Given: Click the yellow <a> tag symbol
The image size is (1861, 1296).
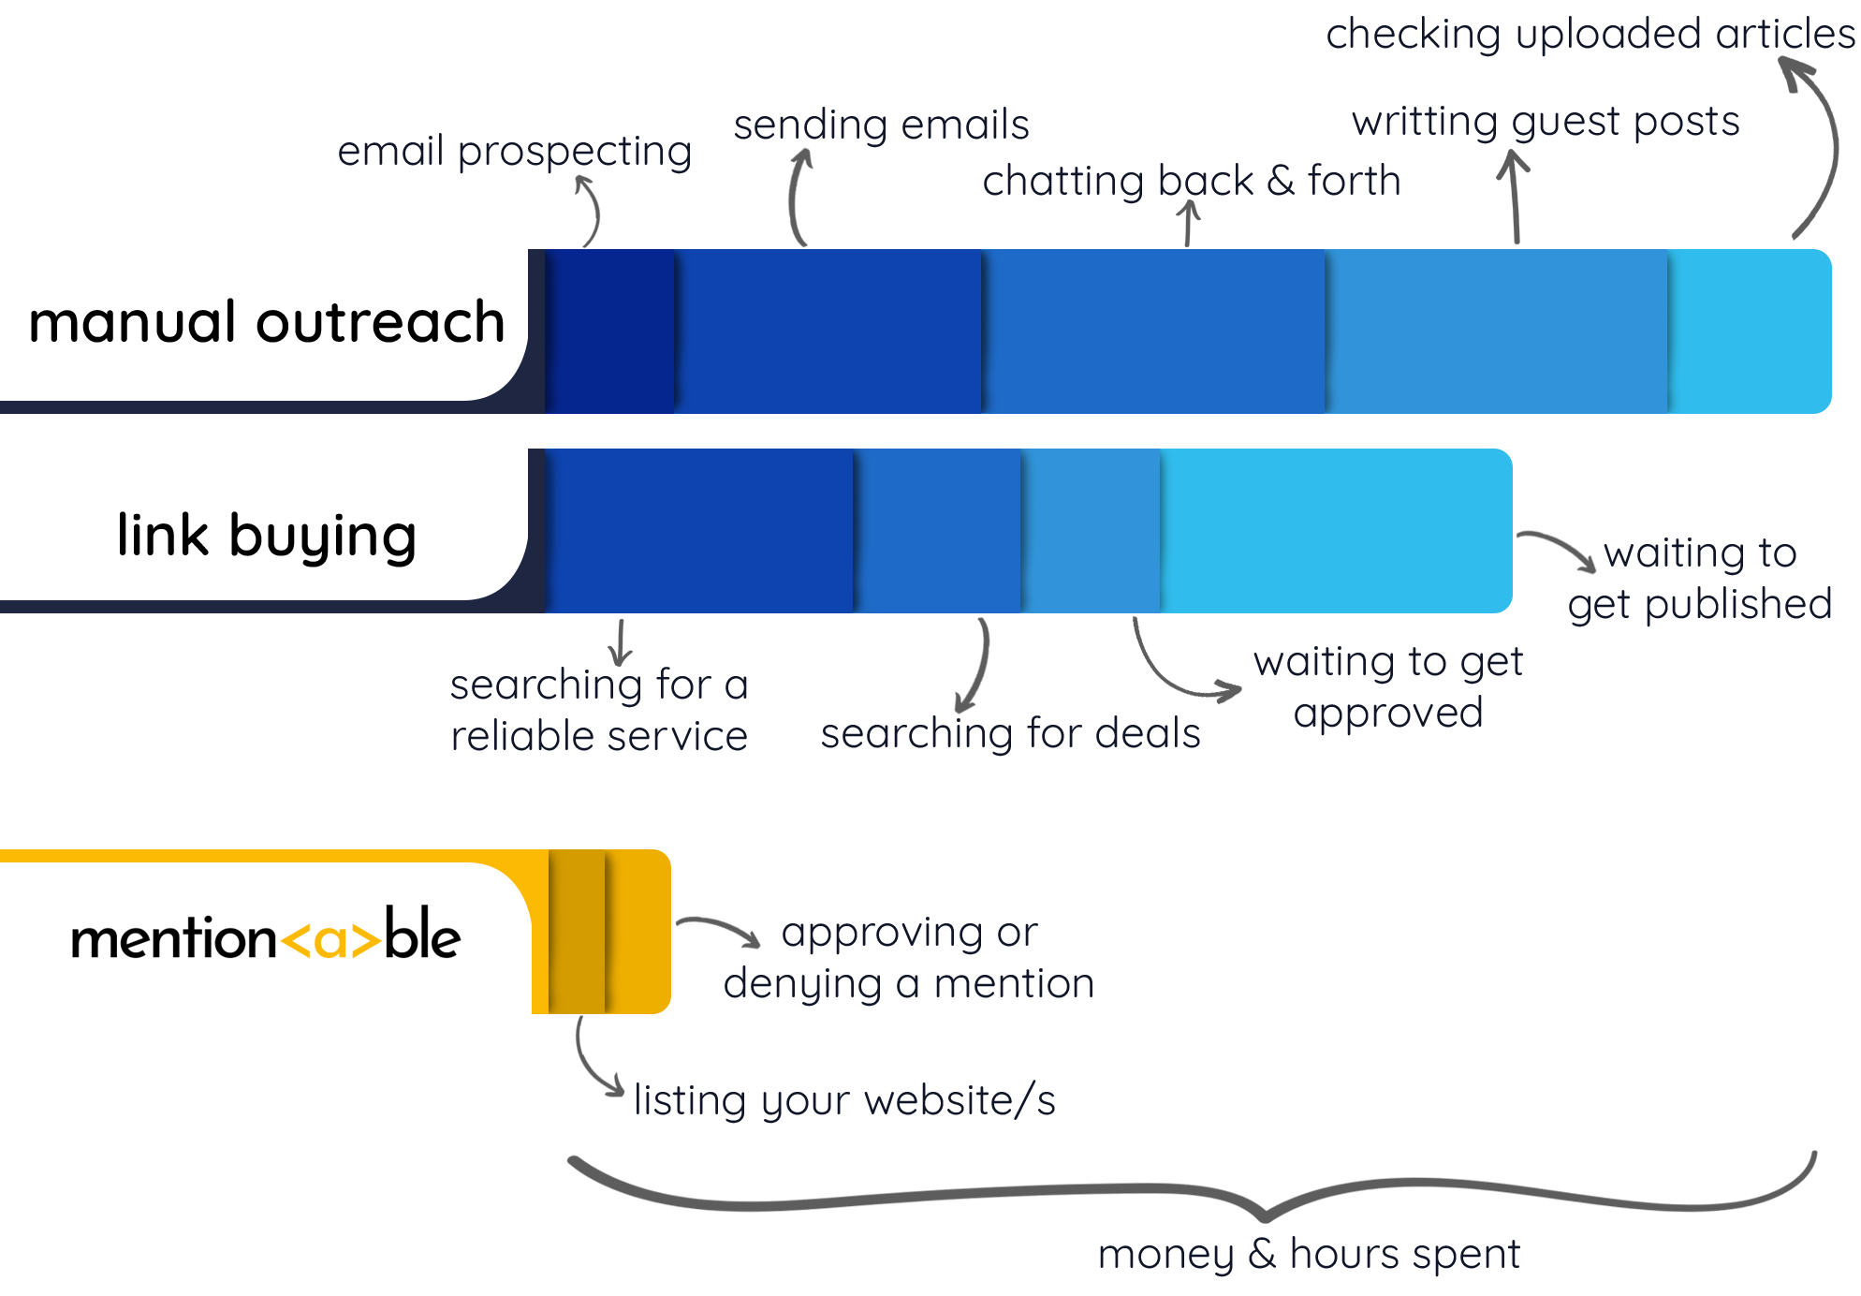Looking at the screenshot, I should point(330,940).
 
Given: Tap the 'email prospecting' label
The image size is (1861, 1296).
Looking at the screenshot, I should point(514,152).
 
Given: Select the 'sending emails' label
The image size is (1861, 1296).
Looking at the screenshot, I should point(881,125).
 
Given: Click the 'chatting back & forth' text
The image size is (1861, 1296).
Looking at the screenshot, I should point(1191,181).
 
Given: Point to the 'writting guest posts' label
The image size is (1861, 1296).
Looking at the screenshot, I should point(1546,122).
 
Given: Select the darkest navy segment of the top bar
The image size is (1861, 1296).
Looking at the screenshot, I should point(609,331).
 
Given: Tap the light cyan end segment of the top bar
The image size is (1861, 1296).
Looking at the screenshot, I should point(1749,331).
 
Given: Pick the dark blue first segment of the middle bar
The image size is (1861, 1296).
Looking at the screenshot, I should point(698,530).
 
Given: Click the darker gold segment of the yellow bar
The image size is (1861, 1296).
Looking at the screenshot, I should point(577,931).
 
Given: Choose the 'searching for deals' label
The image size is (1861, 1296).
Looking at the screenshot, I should point(1010,733).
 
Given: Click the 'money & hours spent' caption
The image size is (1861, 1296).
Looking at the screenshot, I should point(1308,1254).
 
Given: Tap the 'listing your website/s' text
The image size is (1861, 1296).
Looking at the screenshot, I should point(844,1101).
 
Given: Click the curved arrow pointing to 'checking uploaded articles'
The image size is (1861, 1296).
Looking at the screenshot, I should point(1822,140).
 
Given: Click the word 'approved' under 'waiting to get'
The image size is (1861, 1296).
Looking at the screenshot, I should point(1388,714).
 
